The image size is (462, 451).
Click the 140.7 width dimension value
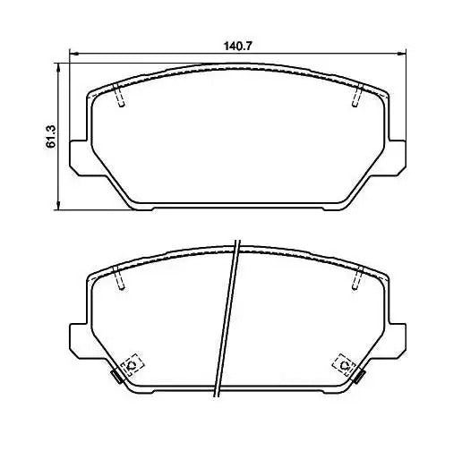point(238,47)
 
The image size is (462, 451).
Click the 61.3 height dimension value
point(51,136)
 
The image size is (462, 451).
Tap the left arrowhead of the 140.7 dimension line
point(73,54)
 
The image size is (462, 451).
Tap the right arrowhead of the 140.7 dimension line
point(402,54)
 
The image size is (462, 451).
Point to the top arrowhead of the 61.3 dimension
point(58,67)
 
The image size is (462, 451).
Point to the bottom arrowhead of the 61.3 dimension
point(58,206)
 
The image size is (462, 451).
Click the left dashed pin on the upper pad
point(119,95)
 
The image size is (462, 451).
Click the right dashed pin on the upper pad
point(357,95)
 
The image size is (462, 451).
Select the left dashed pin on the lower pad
point(119,277)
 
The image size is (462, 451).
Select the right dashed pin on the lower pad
point(357,277)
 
